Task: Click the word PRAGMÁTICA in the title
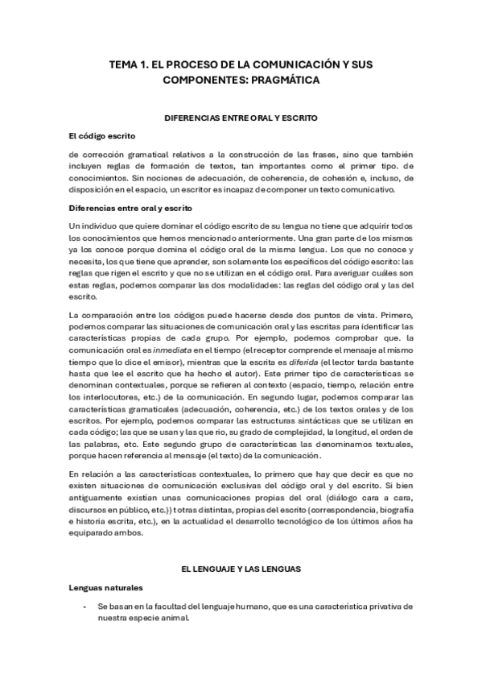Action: (286, 81)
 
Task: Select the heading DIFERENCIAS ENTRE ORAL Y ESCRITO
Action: (241, 118)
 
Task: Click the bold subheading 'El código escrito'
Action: (102, 135)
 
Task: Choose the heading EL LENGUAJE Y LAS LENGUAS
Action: (241, 569)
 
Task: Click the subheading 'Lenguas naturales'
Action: (107, 588)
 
